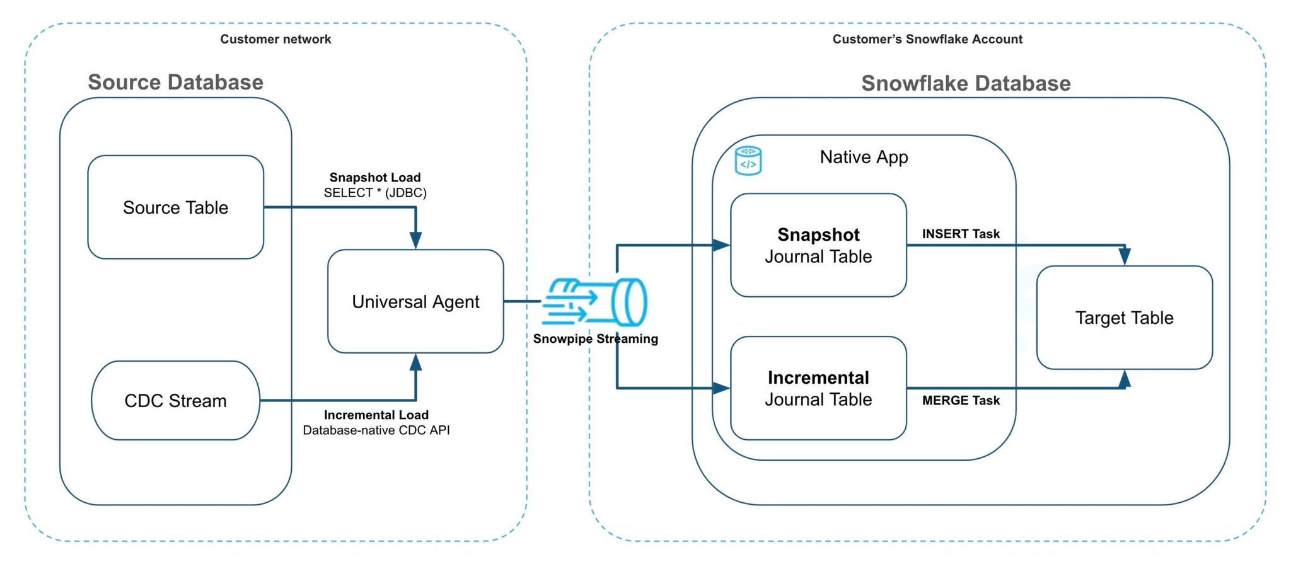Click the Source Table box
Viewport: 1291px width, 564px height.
pyautogui.click(x=175, y=207)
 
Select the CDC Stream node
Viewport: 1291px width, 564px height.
pyautogui.click(x=175, y=401)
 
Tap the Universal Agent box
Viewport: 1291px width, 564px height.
pyautogui.click(x=415, y=302)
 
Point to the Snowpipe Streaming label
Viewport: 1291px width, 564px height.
pyautogui.click(x=595, y=339)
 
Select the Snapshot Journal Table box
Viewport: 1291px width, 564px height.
pyautogui.click(x=818, y=245)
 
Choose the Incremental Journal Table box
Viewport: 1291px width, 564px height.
pyautogui.click(x=818, y=388)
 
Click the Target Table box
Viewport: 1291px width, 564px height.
pyautogui.click(x=1124, y=318)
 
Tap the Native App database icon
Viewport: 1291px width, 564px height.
pyautogui.click(x=748, y=161)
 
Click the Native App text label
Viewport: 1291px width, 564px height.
pyautogui.click(x=864, y=157)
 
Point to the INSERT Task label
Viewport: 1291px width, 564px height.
pyautogui.click(x=961, y=234)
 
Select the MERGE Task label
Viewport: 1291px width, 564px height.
pyautogui.click(x=961, y=401)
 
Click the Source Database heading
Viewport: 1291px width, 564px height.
pyautogui.click(x=175, y=83)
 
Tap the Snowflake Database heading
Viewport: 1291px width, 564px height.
pyautogui.click(x=966, y=83)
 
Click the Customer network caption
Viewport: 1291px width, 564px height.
pyautogui.click(x=275, y=39)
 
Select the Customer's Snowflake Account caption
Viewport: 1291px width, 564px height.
pyautogui.click(x=927, y=39)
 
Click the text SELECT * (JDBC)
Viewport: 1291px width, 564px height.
pyautogui.click(x=375, y=193)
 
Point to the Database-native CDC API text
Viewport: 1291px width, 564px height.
pyautogui.click(x=376, y=430)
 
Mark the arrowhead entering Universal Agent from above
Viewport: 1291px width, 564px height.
pyautogui.click(x=415, y=241)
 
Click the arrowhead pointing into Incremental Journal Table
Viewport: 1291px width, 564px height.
pyautogui.click(x=721, y=388)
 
